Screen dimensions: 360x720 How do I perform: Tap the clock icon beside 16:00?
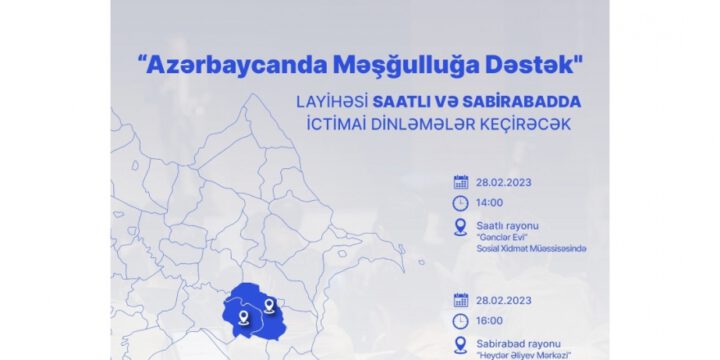(x=460, y=321)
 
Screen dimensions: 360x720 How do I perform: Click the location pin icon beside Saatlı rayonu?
(x=460, y=227)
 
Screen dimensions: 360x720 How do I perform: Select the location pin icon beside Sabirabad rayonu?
(x=460, y=345)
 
